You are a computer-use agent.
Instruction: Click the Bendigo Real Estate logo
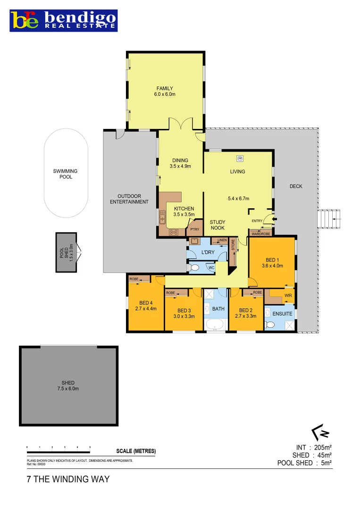64,20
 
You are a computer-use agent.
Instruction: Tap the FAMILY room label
165,88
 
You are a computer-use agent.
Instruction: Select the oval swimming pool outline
66,174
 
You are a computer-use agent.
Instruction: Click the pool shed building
66,252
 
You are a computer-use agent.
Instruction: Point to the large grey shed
68,385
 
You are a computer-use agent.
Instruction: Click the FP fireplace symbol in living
239,158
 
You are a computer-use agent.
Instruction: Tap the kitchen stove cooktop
173,231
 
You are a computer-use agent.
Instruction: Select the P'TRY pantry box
194,229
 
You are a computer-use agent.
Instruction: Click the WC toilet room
211,268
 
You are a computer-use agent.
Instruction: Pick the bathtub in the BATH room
216,325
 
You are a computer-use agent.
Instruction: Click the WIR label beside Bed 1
287,297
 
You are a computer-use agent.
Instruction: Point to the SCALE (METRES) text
136,451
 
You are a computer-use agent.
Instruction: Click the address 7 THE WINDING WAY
68,479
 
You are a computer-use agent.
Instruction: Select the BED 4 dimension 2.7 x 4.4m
145,308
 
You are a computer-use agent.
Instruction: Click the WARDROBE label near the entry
260,233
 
